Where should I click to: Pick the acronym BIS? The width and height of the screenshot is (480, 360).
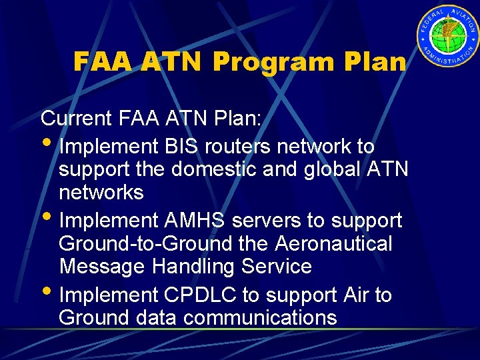click(x=177, y=146)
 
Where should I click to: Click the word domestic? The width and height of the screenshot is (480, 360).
click(x=213, y=169)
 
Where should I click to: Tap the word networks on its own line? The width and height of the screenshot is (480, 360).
click(x=101, y=193)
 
